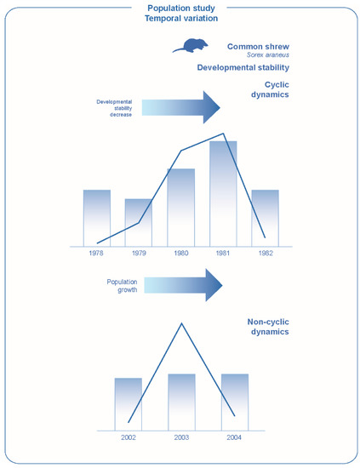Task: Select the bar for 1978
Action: (x=97, y=217)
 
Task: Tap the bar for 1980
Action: (x=180, y=207)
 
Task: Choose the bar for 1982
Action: (x=265, y=217)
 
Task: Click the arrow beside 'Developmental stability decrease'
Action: (x=180, y=106)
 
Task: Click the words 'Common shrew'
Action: (x=259, y=46)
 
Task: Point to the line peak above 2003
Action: (x=181, y=322)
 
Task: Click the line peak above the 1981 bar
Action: (x=224, y=134)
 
